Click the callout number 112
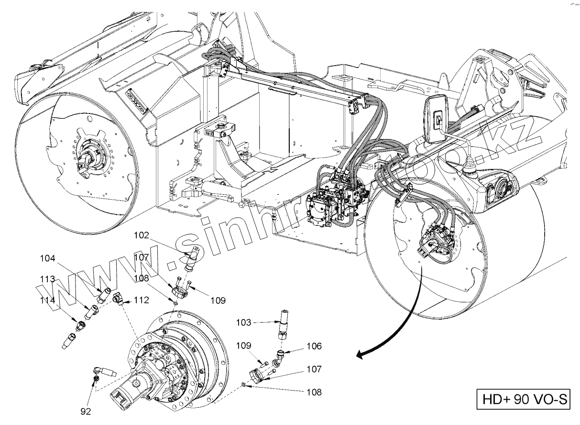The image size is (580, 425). pos(142,300)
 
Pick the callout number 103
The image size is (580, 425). pos(243,323)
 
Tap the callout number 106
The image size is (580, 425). pos(314,346)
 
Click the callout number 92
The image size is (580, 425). pos(86,410)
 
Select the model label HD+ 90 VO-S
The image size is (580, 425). pos(523,399)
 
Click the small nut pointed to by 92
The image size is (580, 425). pos(96,379)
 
